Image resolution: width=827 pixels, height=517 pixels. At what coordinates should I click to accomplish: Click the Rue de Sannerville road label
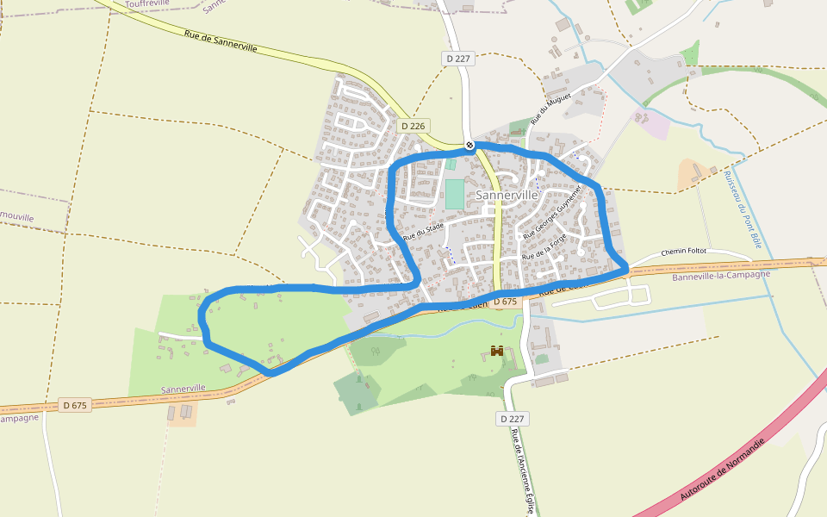pos(221,41)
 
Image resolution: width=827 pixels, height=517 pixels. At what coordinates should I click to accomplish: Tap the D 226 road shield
pos(413,126)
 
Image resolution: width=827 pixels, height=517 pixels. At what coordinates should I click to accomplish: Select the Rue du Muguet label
pos(538,111)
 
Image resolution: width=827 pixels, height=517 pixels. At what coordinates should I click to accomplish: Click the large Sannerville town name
pos(507,196)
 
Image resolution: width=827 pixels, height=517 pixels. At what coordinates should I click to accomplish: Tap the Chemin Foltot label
pos(683,252)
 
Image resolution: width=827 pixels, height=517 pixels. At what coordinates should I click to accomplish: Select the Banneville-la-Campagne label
pos(719,277)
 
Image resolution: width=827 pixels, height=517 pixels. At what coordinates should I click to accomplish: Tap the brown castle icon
pos(497,351)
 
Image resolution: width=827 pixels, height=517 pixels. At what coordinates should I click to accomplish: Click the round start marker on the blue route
pos(469,145)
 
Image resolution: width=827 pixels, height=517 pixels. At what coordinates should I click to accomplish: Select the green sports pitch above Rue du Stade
pos(454,193)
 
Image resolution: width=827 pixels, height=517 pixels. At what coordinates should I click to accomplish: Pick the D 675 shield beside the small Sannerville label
pos(76,405)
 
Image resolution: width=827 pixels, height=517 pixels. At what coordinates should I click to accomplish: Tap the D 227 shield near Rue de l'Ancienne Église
pos(513,419)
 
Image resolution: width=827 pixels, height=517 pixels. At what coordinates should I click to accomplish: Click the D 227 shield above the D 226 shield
pos(459,58)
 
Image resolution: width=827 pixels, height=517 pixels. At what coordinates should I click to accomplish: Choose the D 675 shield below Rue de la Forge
pos(506,302)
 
